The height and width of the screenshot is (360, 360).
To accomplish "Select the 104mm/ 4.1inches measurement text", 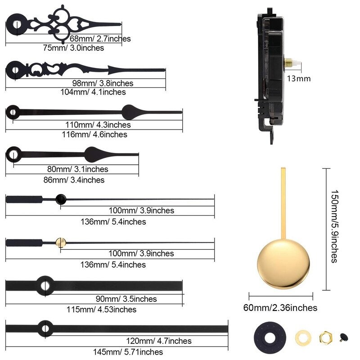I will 93,92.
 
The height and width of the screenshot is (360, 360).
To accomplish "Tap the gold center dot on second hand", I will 61,243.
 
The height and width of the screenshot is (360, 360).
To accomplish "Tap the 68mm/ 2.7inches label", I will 100,39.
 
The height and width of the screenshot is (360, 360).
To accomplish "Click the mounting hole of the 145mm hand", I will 45,327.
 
